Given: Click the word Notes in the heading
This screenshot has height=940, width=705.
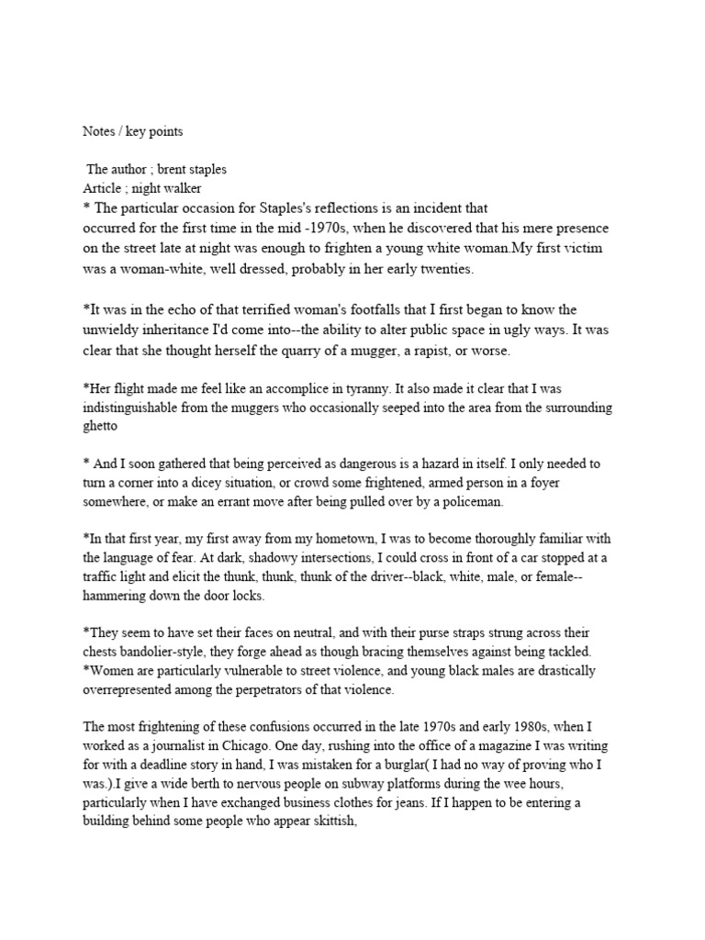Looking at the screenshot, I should coord(98,131).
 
